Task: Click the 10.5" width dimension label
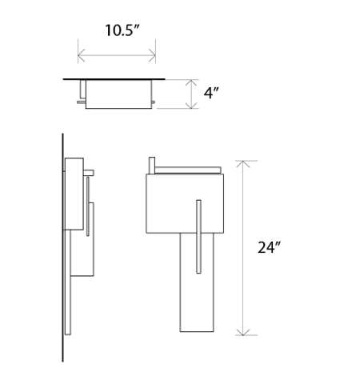click(x=122, y=31)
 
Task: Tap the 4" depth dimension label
click(x=211, y=94)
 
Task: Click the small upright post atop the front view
click(x=151, y=164)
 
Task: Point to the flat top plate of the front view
click(x=188, y=169)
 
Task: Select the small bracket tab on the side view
click(x=90, y=171)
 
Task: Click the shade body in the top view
click(x=118, y=95)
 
